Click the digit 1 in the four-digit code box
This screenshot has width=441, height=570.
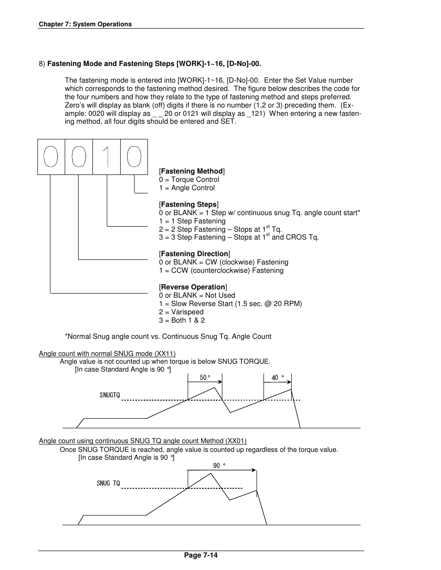pyautogui.click(x=107, y=157)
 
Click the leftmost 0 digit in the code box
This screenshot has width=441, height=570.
pyautogui.click(x=51, y=157)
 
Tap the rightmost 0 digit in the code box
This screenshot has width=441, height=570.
pyautogui.click(x=134, y=157)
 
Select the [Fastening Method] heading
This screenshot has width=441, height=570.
pyautogui.click(x=192, y=171)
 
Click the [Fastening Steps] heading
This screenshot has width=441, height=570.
pyautogui.click(x=189, y=204)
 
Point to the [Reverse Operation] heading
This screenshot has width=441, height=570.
pyautogui.click(x=193, y=287)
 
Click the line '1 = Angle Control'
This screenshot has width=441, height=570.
pyautogui.click(x=187, y=188)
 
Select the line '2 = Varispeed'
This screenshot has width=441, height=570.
pyautogui.click(x=181, y=312)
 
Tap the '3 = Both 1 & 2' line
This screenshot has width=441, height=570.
pyautogui.click(x=182, y=320)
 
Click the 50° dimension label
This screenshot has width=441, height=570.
pyautogui.click(x=205, y=378)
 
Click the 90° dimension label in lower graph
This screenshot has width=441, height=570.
pyautogui.click(x=219, y=466)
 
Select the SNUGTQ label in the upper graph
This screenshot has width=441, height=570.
pyautogui.click(x=110, y=395)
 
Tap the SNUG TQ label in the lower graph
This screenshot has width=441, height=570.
pyautogui.click(x=108, y=483)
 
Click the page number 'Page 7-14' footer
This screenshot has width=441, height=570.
pyautogui.click(x=201, y=555)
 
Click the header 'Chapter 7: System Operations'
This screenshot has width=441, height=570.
pyautogui.click(x=85, y=24)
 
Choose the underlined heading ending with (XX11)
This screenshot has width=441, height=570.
pyautogui.click(x=107, y=354)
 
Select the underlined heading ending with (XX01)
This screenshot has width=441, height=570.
pyautogui.click(x=142, y=441)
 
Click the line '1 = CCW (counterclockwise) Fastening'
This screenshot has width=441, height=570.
pyautogui.click(x=221, y=270)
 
